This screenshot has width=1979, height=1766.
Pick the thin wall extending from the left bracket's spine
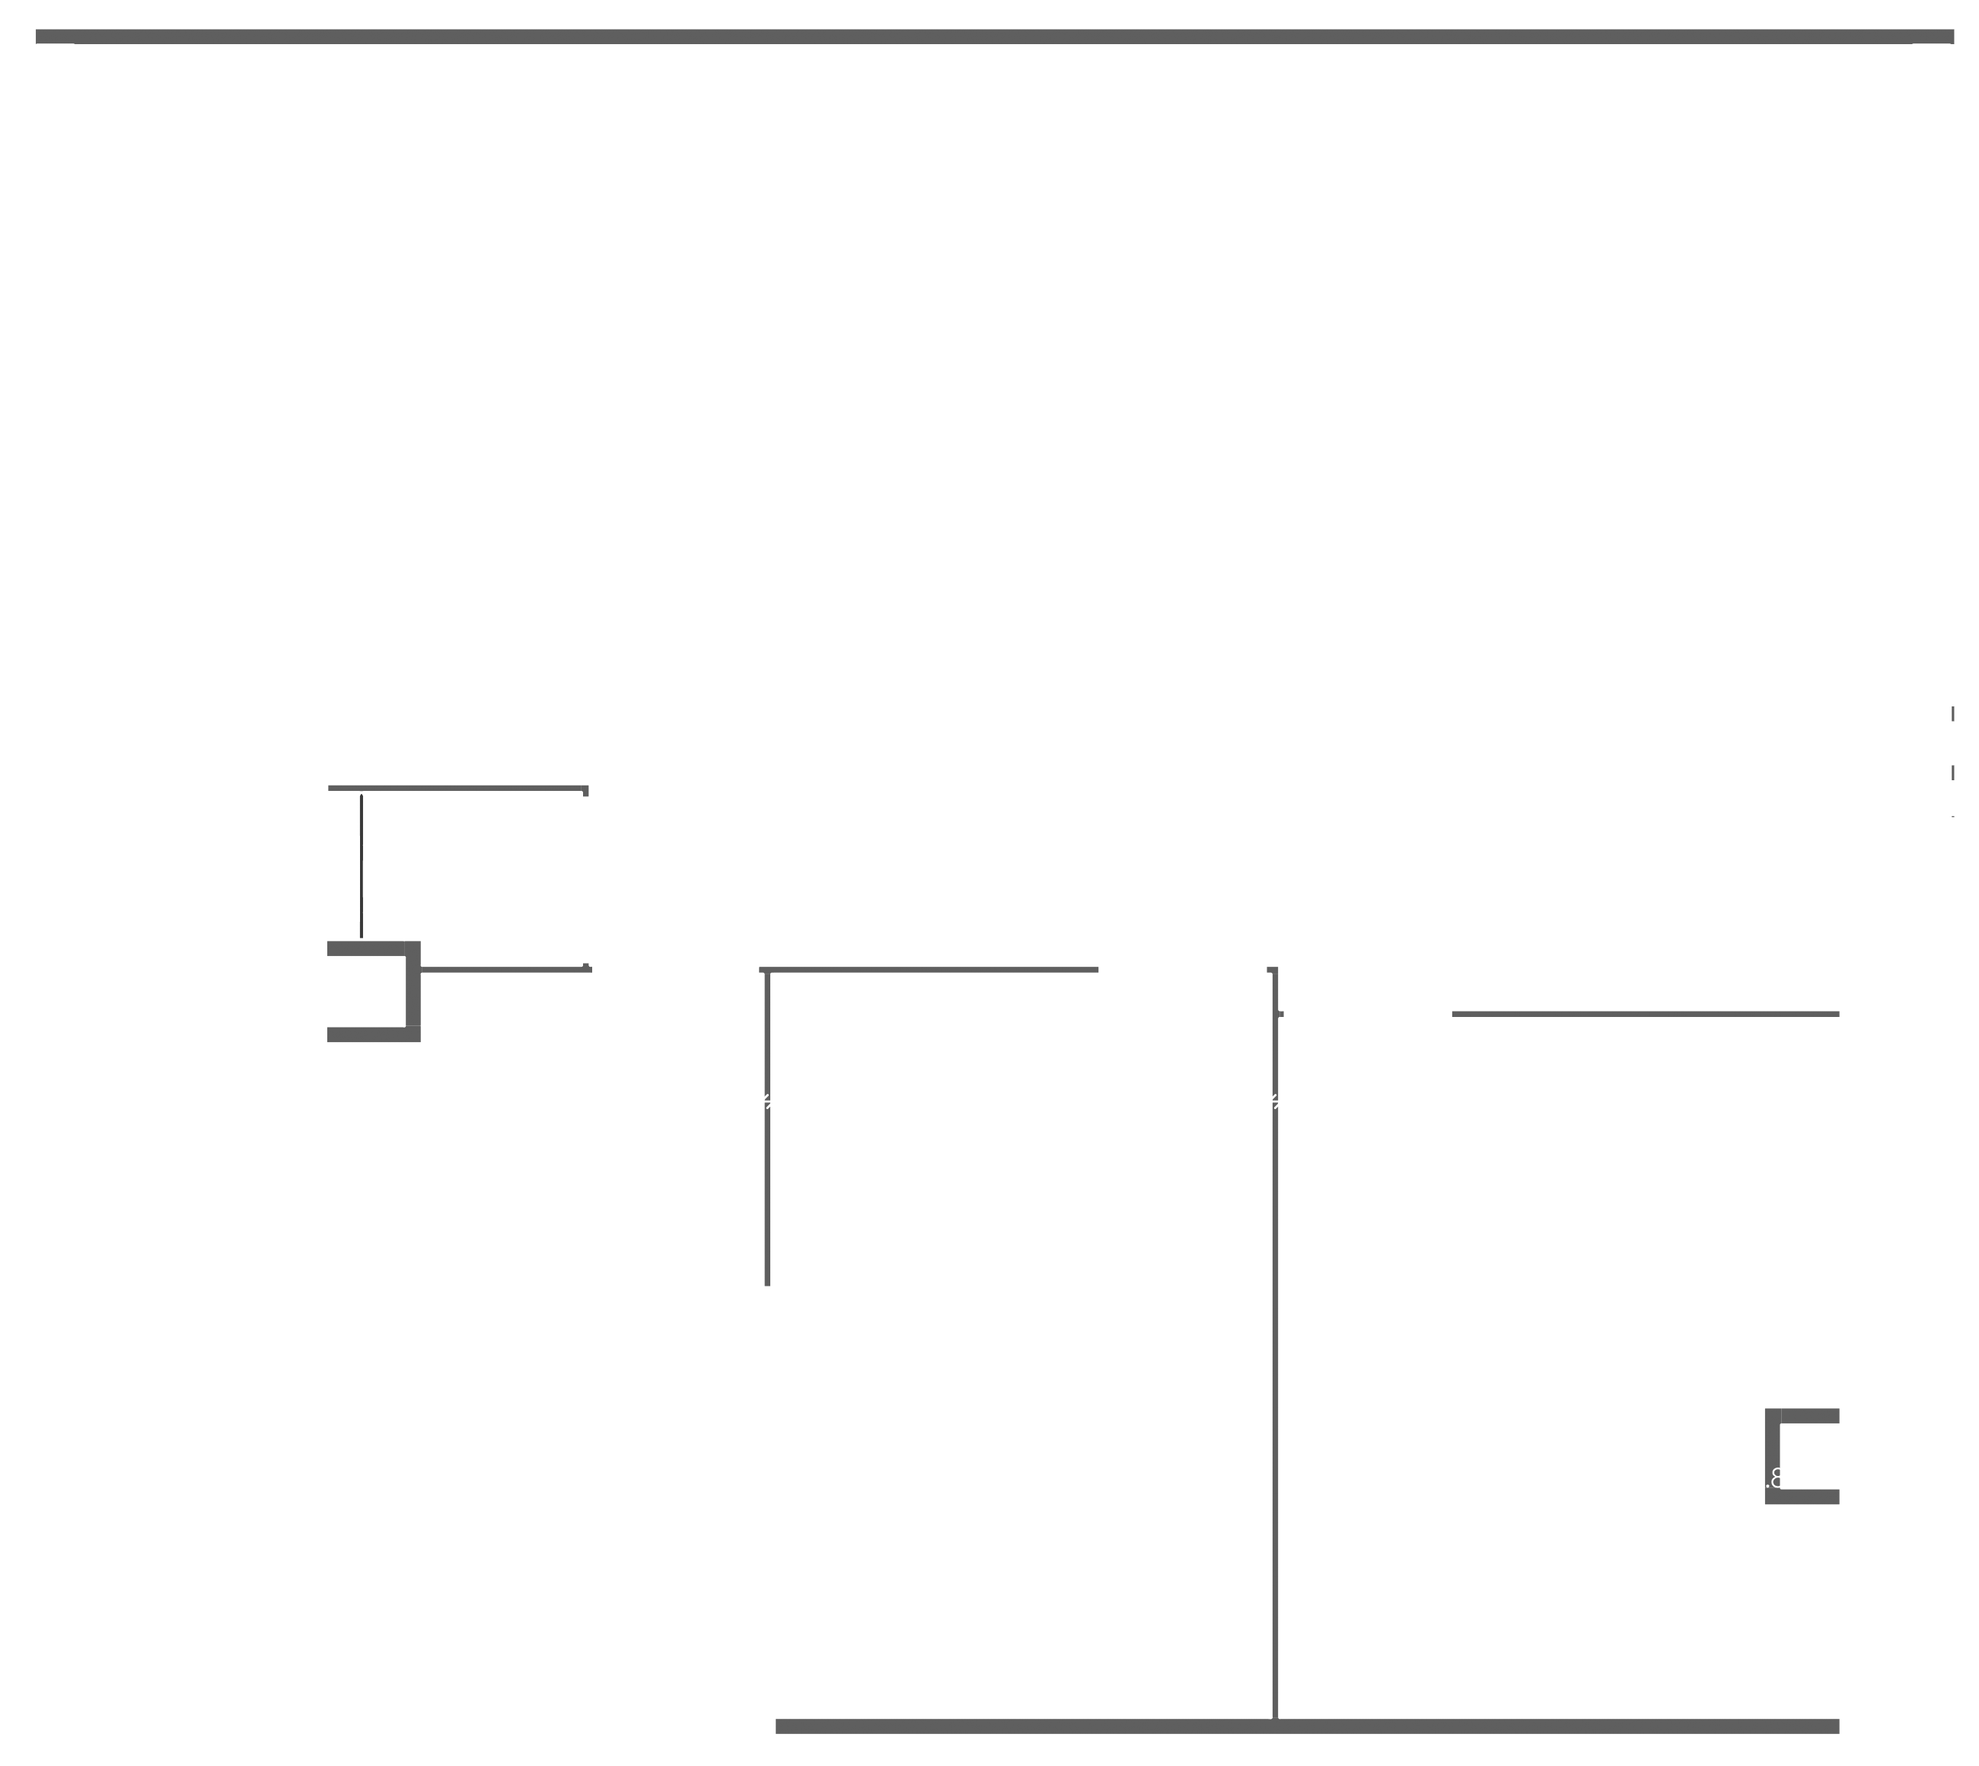click(x=505, y=969)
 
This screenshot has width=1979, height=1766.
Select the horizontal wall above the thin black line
click(x=456, y=788)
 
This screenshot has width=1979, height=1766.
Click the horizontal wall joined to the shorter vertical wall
click(x=932, y=969)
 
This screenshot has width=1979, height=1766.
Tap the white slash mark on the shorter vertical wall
click(x=766, y=1101)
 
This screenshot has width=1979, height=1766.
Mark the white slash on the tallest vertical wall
click(x=1275, y=1101)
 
